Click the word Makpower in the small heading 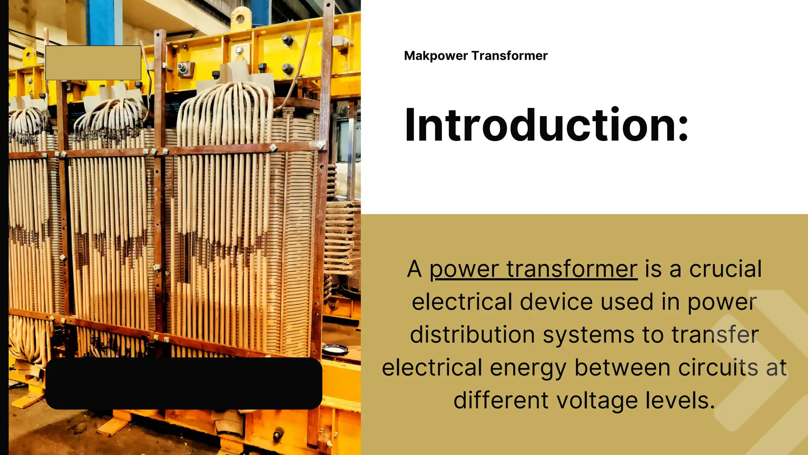436,56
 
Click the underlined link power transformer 533,269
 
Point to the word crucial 725,269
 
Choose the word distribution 473,335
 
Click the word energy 528,369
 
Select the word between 622,368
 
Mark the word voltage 597,401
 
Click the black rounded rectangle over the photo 184,383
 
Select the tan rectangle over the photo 93,63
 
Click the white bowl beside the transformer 335,349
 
